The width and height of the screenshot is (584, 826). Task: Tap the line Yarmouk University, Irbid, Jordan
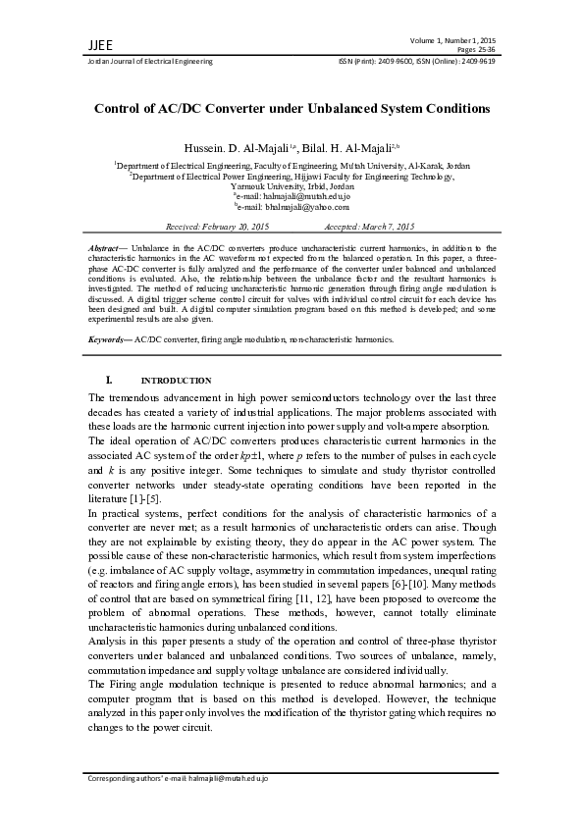tap(292, 185)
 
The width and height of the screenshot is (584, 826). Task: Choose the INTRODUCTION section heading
tap(176, 381)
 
